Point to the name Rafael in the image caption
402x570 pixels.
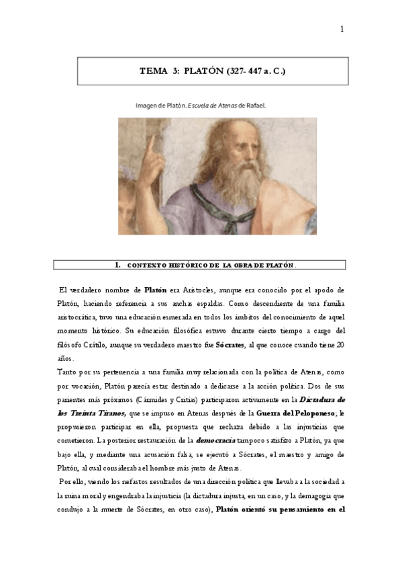tap(257, 106)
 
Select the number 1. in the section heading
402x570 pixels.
tap(118, 265)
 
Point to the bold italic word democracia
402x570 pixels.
tap(215, 440)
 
